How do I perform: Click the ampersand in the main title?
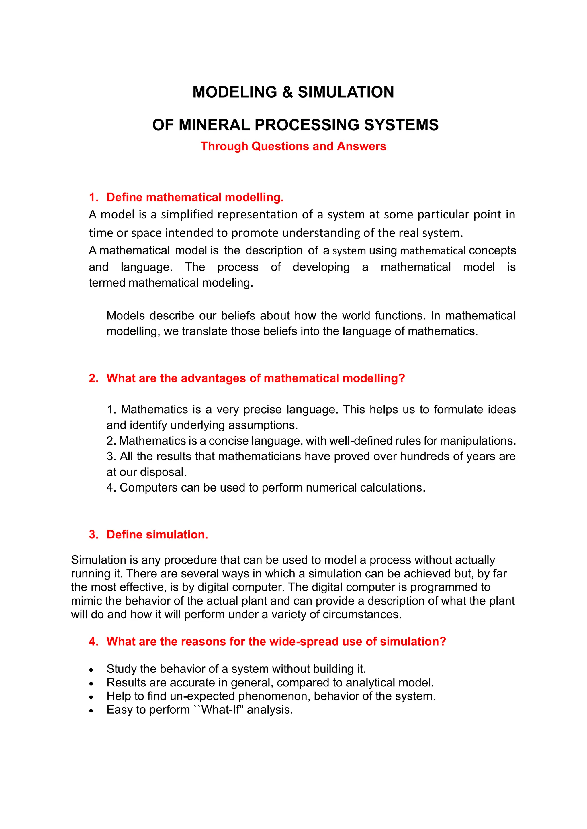click(x=287, y=92)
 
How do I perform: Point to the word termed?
click(x=107, y=283)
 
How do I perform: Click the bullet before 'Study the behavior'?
click(x=91, y=670)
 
